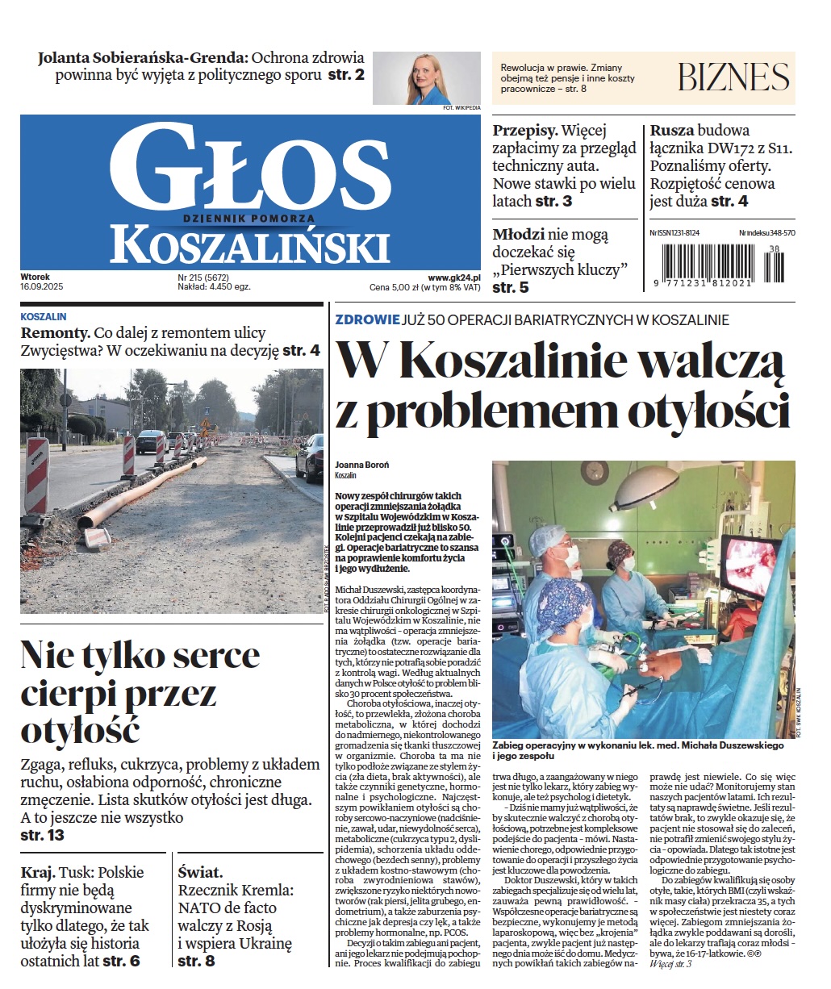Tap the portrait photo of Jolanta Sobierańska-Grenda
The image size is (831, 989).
point(425,78)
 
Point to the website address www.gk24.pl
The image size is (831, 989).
point(454,277)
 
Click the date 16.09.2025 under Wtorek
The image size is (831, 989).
point(43,286)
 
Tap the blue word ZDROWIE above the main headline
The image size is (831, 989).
point(367,319)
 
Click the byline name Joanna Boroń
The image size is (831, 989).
point(362,465)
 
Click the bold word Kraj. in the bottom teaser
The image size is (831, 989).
point(38,872)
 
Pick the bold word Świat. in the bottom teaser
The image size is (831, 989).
point(200,872)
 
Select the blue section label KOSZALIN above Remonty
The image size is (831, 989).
point(44,317)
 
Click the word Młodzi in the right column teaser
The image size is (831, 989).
point(518,235)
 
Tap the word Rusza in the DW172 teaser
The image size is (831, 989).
point(671,131)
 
